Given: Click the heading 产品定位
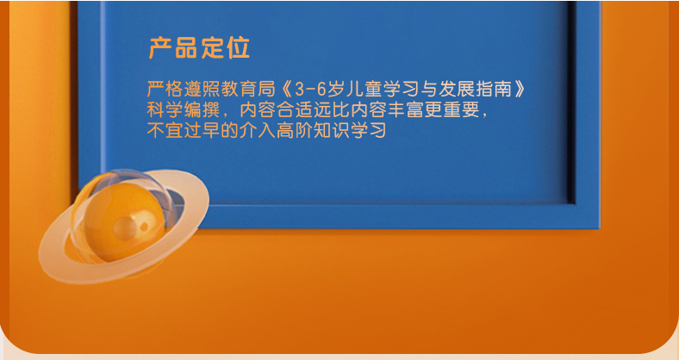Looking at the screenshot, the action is click(x=199, y=47).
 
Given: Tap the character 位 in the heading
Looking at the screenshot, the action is click(x=238, y=47).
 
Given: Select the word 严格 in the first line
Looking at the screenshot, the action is click(x=165, y=89).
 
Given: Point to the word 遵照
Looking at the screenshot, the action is click(x=202, y=89).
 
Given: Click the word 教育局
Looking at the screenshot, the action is click(x=248, y=89).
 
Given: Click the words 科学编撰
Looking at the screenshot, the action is click(x=184, y=110).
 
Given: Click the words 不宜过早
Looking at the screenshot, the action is click(x=184, y=131).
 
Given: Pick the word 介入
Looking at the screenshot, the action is click(x=258, y=131).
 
